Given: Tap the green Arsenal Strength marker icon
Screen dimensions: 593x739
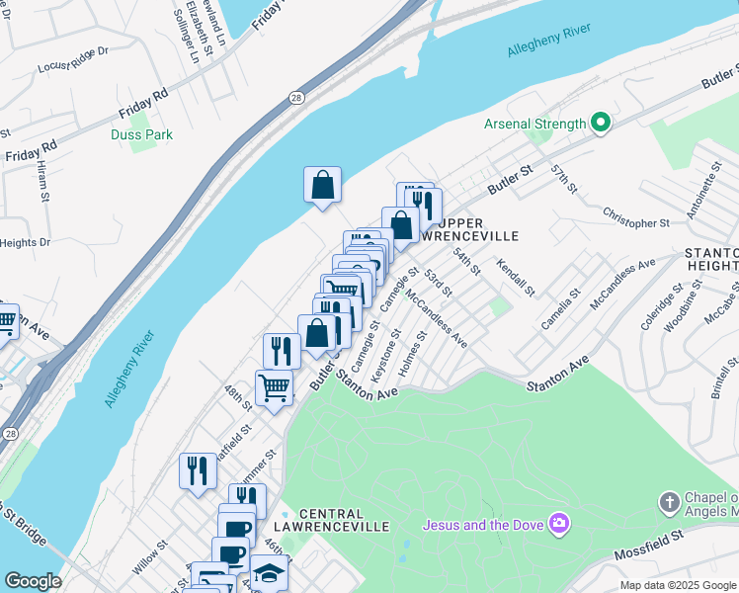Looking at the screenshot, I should click(x=600, y=124).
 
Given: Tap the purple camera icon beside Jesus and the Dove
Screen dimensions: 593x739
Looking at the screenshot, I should click(x=560, y=523).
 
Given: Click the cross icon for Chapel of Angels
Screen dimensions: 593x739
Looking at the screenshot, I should click(x=668, y=502).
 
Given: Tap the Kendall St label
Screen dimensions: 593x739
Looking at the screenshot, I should click(x=517, y=278).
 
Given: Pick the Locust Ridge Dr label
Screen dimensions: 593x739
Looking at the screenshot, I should click(x=71, y=59).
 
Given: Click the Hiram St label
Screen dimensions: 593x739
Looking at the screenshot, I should click(x=44, y=183).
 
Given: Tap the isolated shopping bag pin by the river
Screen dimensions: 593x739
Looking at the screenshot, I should click(x=322, y=185).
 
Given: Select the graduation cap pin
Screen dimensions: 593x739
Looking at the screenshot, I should click(x=268, y=572).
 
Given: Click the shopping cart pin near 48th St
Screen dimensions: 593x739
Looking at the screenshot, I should click(x=274, y=386).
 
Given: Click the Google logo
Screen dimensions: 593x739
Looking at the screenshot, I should click(x=32, y=581).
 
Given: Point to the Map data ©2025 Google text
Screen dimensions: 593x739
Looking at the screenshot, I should click(x=678, y=585).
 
